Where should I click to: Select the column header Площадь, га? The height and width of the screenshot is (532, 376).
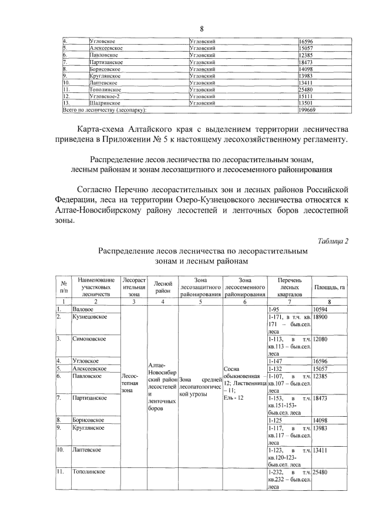[330, 286]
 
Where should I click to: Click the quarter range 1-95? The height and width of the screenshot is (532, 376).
[273, 309]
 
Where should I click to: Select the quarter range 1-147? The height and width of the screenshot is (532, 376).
[275, 360]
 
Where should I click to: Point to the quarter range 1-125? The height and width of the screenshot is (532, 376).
[275, 420]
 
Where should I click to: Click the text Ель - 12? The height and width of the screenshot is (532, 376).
[234, 398]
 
